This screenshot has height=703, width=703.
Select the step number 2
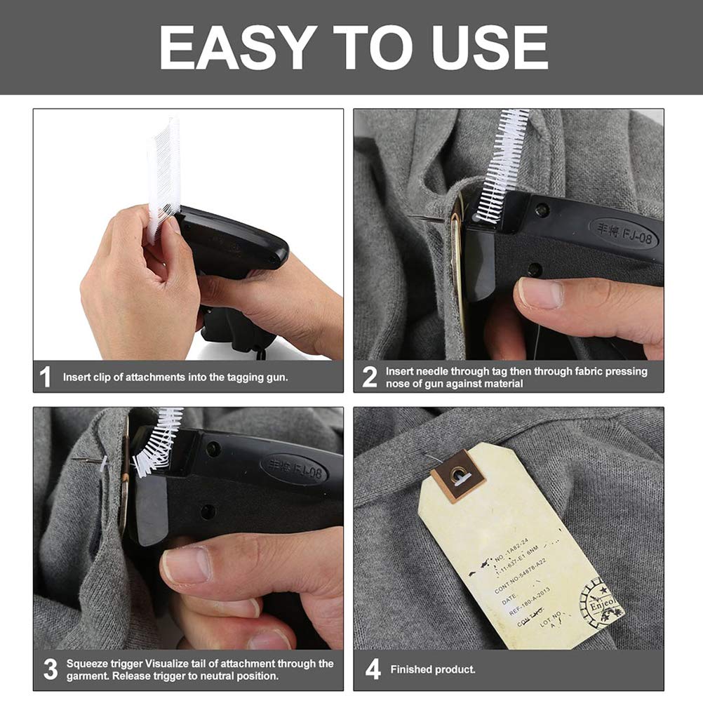[x=370, y=377]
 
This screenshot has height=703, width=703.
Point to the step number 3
[x=50, y=669]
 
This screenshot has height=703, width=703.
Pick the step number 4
[x=373, y=669]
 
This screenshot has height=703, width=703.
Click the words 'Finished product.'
[x=433, y=669]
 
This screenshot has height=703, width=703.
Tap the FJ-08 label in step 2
[x=623, y=231]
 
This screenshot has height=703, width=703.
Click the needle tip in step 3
[x=76, y=460]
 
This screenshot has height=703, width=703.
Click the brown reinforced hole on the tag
[x=458, y=476]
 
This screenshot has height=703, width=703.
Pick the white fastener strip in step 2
[x=503, y=165]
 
